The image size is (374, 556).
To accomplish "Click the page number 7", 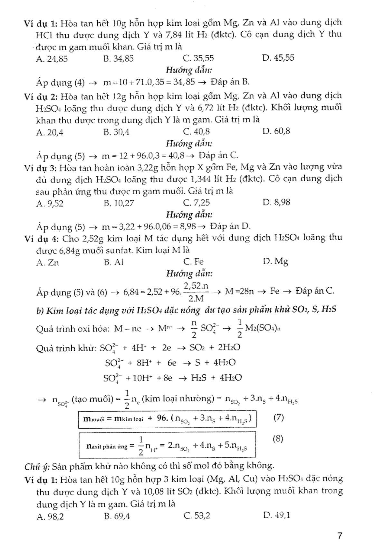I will pyautogui.click(x=339, y=536).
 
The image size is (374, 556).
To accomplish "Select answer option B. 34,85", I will pyautogui.click(x=119, y=58).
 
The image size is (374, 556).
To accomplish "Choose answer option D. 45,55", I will pyautogui.click(x=278, y=58).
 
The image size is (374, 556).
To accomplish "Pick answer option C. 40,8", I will pyautogui.click(x=196, y=132).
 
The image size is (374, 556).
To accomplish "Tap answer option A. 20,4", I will pyautogui.click(x=50, y=132).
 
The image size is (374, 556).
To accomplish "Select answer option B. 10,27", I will pyautogui.click(x=119, y=203).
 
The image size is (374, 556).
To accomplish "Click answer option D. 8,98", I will pyautogui.click(x=276, y=202).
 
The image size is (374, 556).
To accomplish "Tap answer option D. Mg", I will pyautogui.click(x=275, y=261).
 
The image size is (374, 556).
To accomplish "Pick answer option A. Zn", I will pyautogui.click(x=48, y=263).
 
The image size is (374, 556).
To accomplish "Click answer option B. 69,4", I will pyautogui.click(x=117, y=516).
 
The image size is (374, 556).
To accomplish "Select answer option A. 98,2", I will pyautogui.click(x=50, y=517).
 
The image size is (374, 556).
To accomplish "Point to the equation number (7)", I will pyautogui.click(x=278, y=418).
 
